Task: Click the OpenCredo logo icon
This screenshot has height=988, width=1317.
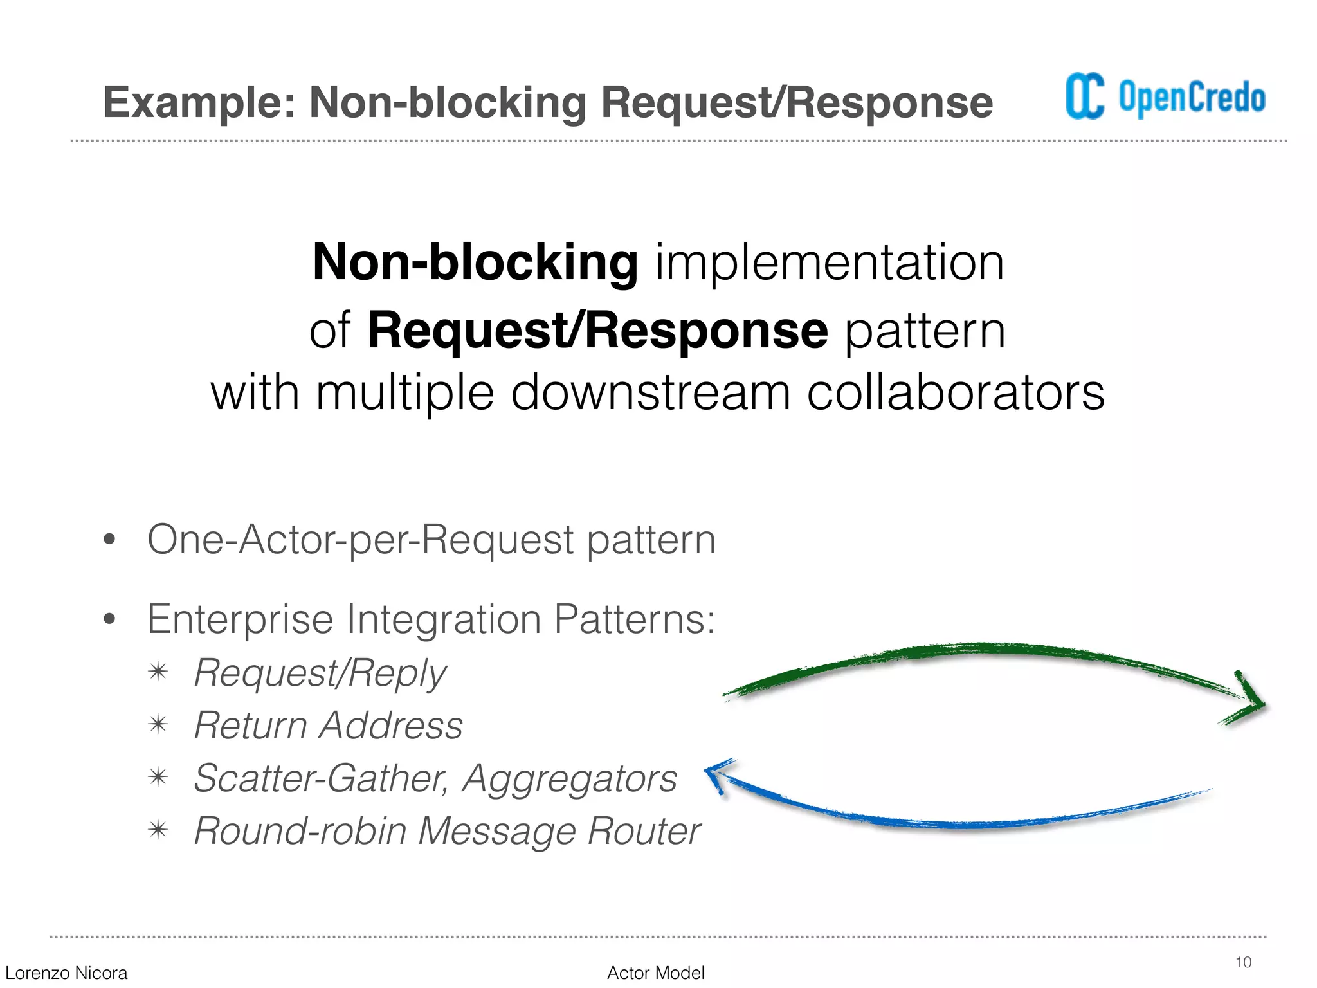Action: click(1085, 96)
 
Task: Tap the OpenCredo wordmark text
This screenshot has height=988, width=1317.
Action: click(1192, 98)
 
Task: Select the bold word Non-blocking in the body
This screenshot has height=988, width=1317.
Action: click(475, 262)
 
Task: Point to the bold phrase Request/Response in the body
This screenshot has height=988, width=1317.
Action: click(597, 331)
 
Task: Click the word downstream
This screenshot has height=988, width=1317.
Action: click(650, 392)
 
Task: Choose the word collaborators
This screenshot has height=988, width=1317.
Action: click(956, 392)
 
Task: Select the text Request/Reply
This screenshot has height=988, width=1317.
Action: click(320, 673)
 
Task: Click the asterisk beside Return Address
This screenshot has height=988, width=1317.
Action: click(158, 725)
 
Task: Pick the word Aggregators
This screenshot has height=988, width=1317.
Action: click(570, 778)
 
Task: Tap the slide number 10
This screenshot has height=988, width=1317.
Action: click(1243, 962)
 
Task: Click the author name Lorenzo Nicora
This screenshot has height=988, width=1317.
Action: click(66, 973)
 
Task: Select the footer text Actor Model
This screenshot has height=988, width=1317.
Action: click(655, 973)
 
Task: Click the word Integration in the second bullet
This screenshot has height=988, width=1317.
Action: click(444, 619)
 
